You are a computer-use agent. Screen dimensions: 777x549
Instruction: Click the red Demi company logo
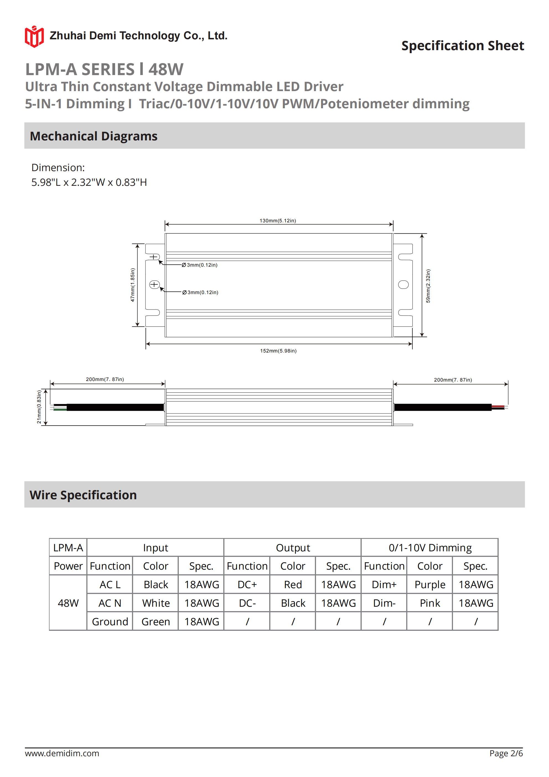(34, 37)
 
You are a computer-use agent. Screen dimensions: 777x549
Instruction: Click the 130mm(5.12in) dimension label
(278, 221)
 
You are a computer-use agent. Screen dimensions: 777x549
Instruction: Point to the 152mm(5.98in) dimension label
(278, 351)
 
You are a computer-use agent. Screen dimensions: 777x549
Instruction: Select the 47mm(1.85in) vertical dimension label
(133, 285)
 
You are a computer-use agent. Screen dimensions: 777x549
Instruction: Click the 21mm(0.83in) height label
(39, 407)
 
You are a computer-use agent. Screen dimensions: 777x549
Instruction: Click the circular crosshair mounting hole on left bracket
(154, 285)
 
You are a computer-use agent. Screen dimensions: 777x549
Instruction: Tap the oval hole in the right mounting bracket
(403, 285)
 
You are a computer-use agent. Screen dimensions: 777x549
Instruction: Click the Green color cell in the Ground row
(156, 622)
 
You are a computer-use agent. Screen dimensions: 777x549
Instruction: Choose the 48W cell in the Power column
(68, 603)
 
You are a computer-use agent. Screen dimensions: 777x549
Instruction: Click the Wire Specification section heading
(83, 495)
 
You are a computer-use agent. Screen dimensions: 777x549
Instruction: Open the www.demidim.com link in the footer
(62, 753)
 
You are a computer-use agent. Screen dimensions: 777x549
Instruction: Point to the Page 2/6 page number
(506, 753)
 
